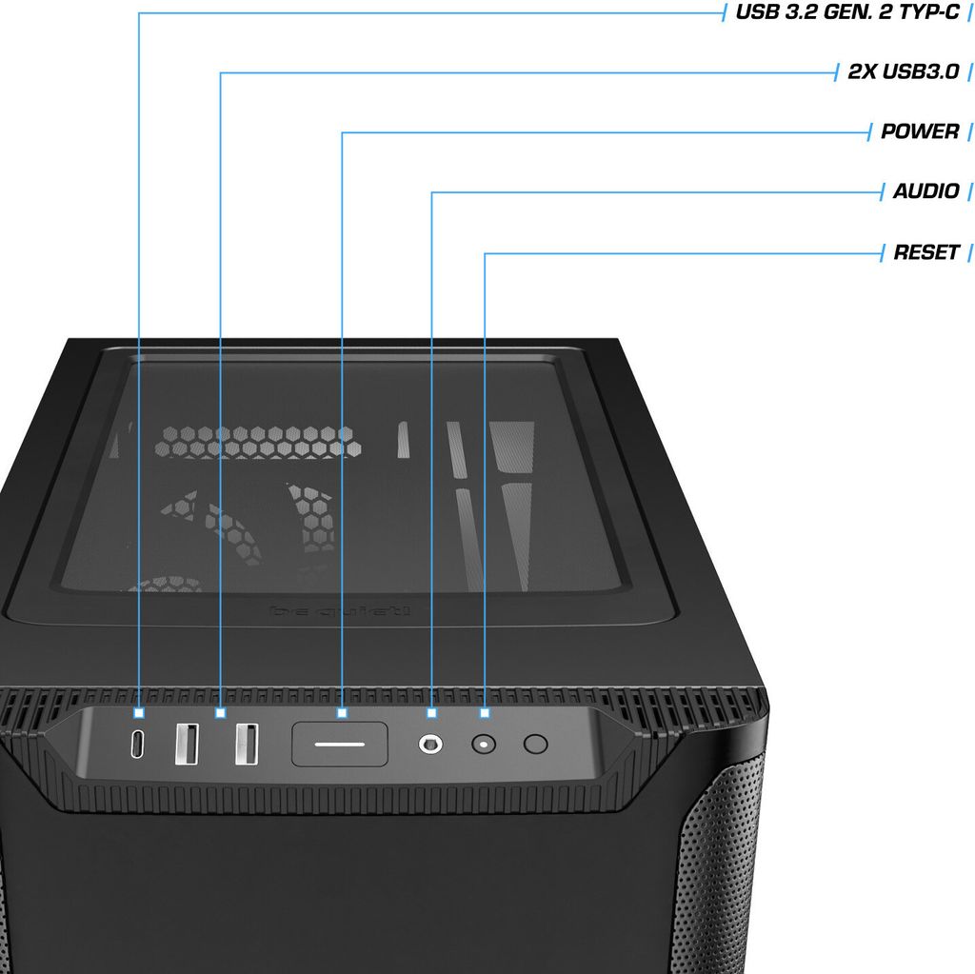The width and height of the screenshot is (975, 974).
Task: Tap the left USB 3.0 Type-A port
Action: (188, 744)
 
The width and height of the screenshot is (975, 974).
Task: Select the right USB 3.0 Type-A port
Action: (247, 744)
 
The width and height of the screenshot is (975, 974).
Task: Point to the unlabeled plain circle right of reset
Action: (536, 744)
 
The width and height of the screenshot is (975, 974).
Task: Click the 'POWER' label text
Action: (919, 131)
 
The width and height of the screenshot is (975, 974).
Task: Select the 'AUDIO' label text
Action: (925, 191)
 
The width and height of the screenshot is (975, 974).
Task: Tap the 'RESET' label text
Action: (925, 252)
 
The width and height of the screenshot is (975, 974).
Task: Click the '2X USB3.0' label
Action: (903, 71)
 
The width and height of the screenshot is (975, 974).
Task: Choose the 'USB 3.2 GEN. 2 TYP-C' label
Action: (846, 12)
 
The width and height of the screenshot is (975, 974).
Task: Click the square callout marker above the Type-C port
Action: (139, 712)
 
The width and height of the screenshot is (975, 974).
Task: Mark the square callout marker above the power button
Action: (342, 712)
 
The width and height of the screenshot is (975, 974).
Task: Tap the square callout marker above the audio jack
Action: (432, 712)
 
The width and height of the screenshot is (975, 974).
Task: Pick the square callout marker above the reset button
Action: (485, 712)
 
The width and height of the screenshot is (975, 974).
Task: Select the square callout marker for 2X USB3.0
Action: (220, 712)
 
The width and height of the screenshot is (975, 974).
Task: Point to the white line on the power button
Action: (340, 743)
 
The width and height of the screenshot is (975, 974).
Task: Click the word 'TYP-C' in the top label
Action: (925, 12)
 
